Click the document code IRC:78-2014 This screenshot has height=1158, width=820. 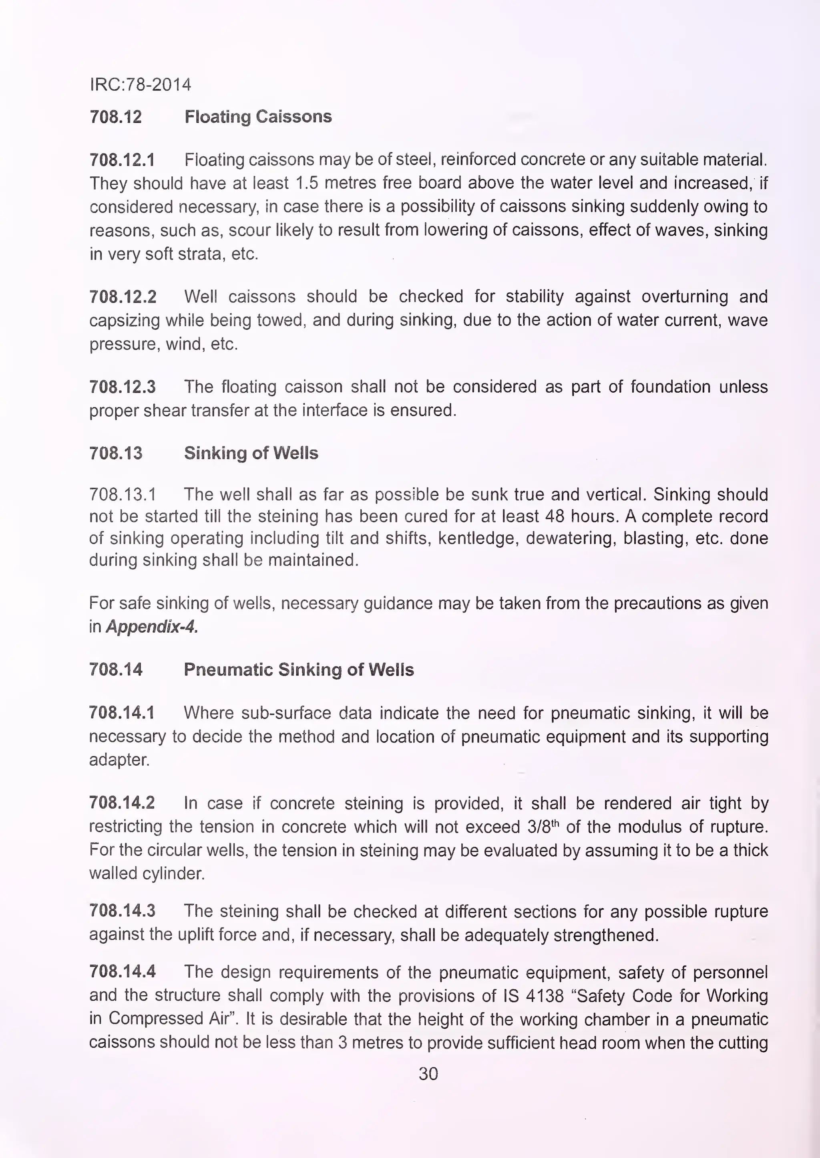click(x=141, y=85)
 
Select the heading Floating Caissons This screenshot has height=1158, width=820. click(x=258, y=117)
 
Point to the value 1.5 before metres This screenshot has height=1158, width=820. click(x=306, y=183)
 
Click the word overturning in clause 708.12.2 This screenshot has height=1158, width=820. click(x=685, y=297)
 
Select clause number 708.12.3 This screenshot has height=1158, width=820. click(x=122, y=387)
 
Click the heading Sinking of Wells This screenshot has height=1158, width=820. click(x=251, y=453)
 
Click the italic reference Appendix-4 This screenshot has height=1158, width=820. click(x=151, y=627)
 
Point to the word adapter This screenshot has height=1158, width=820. click(x=119, y=760)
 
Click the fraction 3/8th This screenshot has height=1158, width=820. click(x=543, y=827)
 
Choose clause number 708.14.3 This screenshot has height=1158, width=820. click(x=122, y=911)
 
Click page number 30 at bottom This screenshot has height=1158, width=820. click(x=428, y=1073)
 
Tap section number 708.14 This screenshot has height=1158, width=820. click(x=116, y=670)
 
